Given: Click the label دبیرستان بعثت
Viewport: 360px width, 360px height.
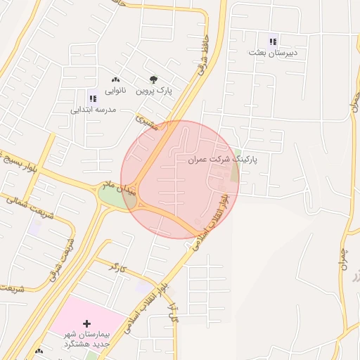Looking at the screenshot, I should pos(272,53).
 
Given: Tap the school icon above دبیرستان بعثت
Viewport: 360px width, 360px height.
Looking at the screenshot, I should pos(272,41).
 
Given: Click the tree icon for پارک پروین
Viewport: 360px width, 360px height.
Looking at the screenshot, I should pos(154,79).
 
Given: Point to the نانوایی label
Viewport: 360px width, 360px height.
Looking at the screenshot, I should pos(115,91).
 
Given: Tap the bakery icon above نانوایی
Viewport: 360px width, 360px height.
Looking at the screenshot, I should pos(115,80).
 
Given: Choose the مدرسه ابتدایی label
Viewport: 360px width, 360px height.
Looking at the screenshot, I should pos(92,110).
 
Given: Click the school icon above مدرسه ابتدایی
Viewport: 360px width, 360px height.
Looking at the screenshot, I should pos(92,99).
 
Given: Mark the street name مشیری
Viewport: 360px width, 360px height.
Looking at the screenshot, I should pos(147,123).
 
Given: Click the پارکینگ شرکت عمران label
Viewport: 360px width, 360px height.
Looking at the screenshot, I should pos(223,160).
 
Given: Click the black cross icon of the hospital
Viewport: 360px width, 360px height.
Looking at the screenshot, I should pos(86,324).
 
